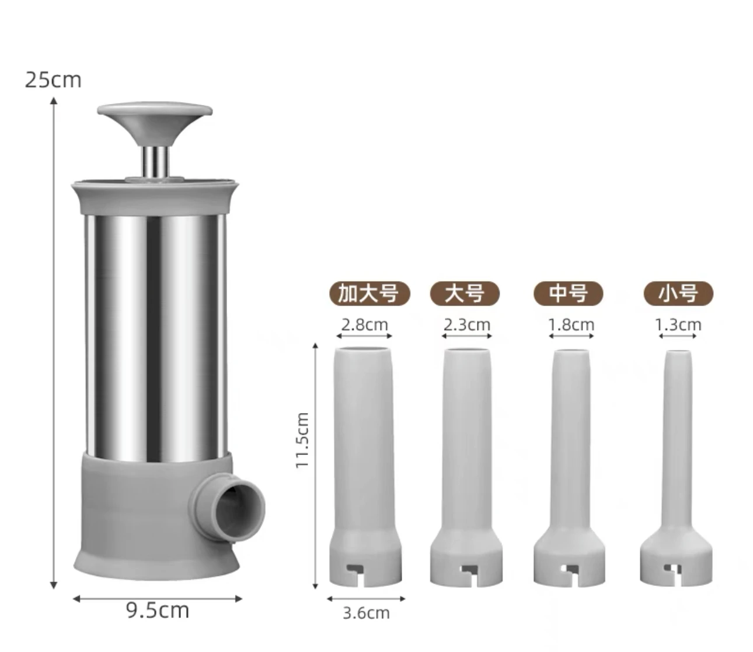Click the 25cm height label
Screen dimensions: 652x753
pyautogui.click(x=53, y=79)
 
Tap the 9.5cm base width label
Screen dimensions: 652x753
pyautogui.click(x=158, y=610)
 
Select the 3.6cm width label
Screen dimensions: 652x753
pyautogui.click(x=366, y=613)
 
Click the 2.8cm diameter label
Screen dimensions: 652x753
pyautogui.click(x=365, y=324)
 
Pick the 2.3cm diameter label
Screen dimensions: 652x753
pyautogui.click(x=467, y=324)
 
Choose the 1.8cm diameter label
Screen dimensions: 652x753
pyautogui.click(x=571, y=324)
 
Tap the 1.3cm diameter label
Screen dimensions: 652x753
pyautogui.click(x=678, y=324)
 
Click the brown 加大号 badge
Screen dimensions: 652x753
pyautogui.click(x=368, y=293)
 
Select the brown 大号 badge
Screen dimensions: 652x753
pyautogui.click(x=465, y=293)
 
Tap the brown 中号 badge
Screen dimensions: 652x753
pyautogui.click(x=569, y=293)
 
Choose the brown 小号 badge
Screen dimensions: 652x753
pyautogui.click(x=678, y=293)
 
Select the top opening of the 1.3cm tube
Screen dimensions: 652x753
pyautogui.click(x=678, y=353)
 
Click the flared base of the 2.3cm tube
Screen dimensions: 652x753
pyautogui.click(x=466, y=555)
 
